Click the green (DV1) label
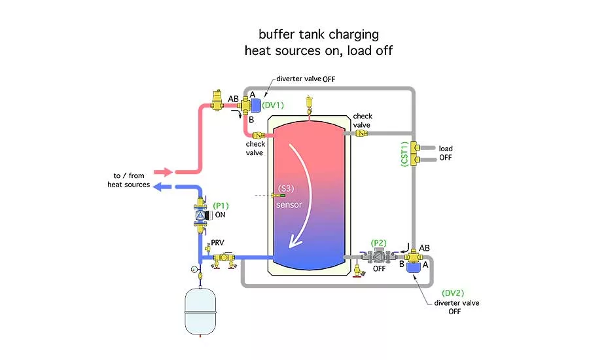coord(275,105)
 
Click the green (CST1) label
coord(404,153)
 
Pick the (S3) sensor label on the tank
coord(287,189)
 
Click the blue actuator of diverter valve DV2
coord(414,266)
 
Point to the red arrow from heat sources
coord(164,172)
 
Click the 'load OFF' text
coord(446,153)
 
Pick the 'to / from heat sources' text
coord(129,180)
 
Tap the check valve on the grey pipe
coord(361,134)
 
